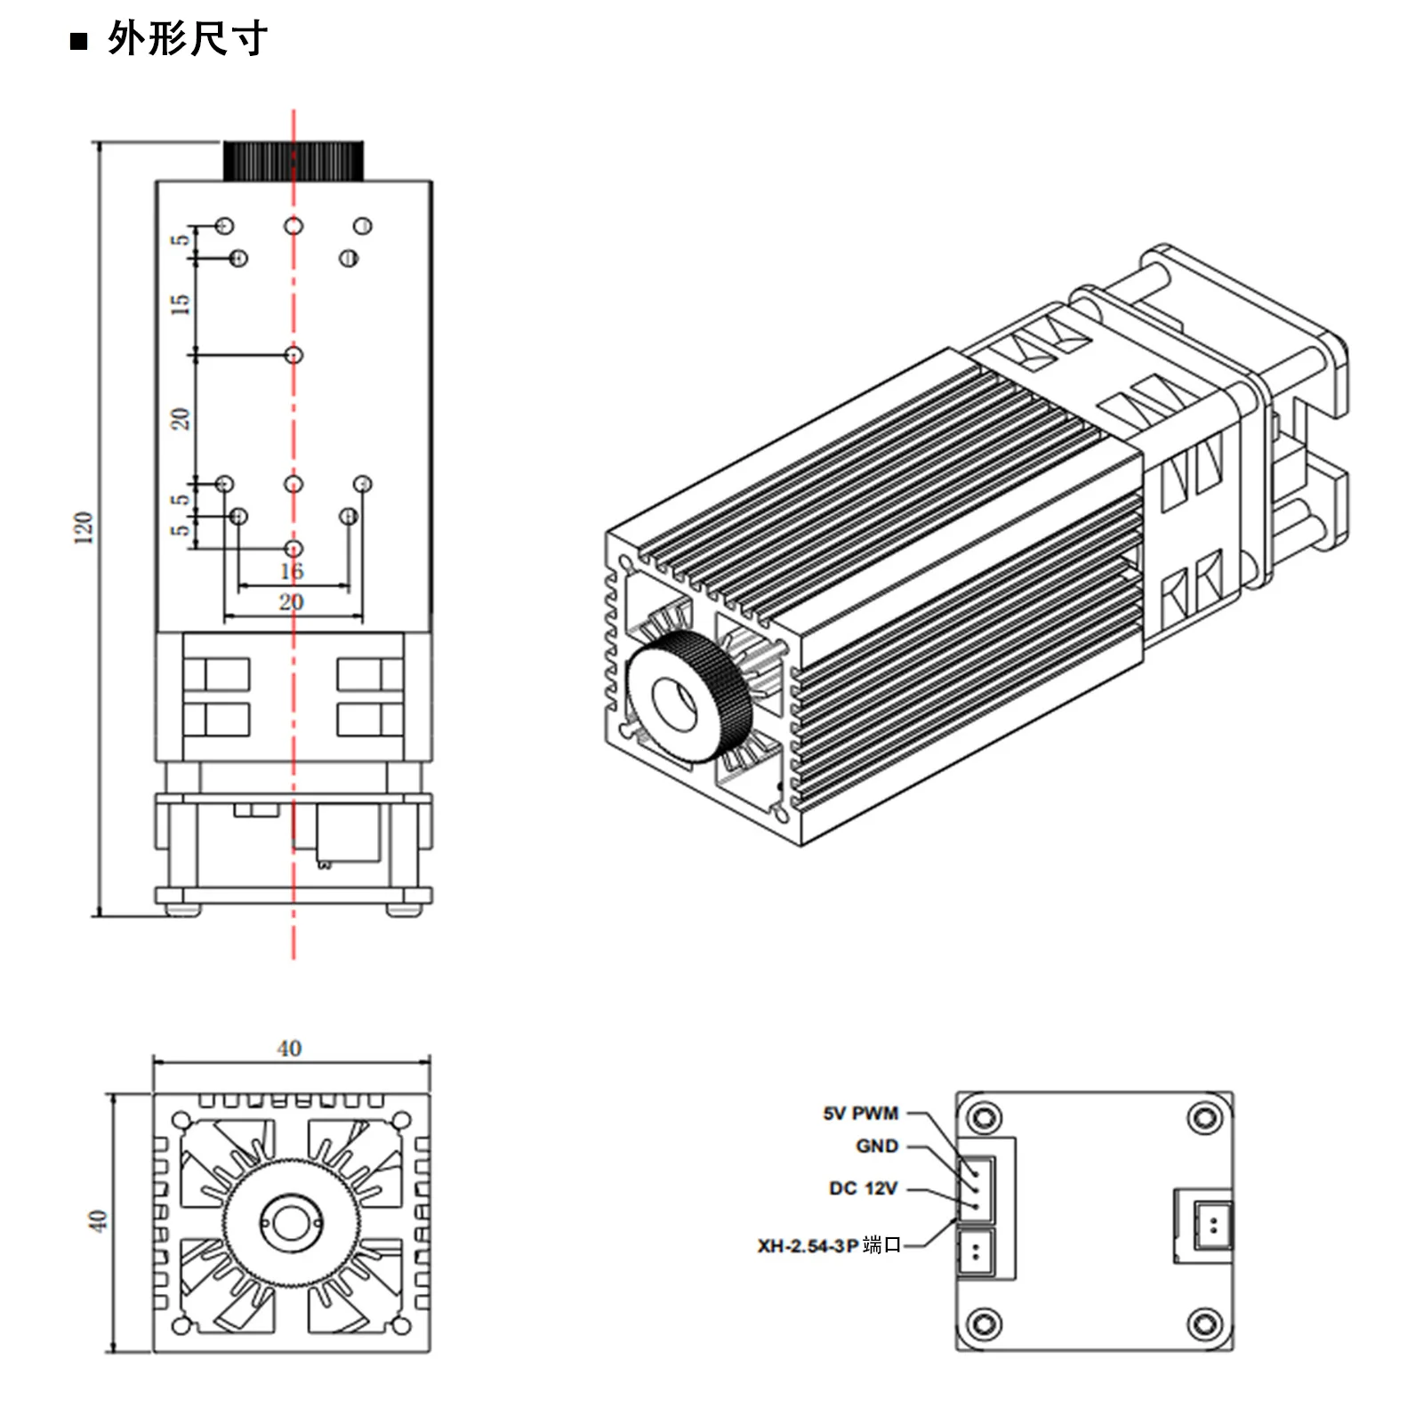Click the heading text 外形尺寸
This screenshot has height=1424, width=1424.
[187, 40]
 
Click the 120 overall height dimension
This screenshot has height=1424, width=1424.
[84, 527]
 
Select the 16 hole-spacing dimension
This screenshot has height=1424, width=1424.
[292, 571]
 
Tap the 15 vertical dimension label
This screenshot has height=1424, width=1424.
[181, 304]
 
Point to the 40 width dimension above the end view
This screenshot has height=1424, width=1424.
[289, 1048]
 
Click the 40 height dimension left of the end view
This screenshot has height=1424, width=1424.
[98, 1220]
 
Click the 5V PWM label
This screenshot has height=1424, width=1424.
[860, 1114]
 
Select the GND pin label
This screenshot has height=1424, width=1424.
[876, 1146]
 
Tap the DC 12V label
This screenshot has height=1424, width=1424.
[863, 1188]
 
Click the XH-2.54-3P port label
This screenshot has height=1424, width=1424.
[829, 1246]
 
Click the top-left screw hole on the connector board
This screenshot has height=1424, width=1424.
[985, 1117]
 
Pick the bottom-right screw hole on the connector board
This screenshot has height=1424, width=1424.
[1204, 1323]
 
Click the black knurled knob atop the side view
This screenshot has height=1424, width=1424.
[294, 161]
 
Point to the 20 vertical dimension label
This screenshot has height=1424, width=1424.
[181, 418]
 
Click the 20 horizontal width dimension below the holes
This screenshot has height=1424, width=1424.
[292, 602]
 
